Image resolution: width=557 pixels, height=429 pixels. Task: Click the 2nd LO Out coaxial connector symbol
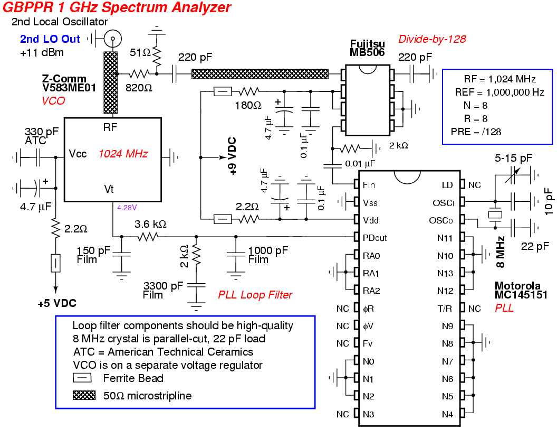coord(112,38)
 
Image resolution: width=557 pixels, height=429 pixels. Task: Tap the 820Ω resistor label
coord(139,88)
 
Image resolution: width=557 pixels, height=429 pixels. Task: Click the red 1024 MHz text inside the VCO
coord(123,154)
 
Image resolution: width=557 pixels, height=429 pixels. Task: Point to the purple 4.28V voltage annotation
coord(127,207)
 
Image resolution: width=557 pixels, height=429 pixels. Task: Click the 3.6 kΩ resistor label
coord(150,224)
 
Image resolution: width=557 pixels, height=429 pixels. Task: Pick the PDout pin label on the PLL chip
coord(374,238)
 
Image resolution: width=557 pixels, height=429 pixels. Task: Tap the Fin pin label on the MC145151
coord(369,185)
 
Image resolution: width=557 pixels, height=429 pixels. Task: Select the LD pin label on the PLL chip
coord(447,185)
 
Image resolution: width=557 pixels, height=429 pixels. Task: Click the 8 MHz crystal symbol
coord(495,216)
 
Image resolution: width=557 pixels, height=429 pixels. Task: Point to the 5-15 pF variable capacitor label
coord(513,158)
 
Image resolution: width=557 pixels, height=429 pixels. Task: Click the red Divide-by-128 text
coord(432,39)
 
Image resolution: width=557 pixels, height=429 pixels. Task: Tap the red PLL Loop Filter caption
coord(255,295)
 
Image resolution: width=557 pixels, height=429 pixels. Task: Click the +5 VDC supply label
coord(57,304)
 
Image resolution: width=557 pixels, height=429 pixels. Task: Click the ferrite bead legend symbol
coord(83,378)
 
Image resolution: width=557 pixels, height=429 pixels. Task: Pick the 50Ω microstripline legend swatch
coord(84,395)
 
